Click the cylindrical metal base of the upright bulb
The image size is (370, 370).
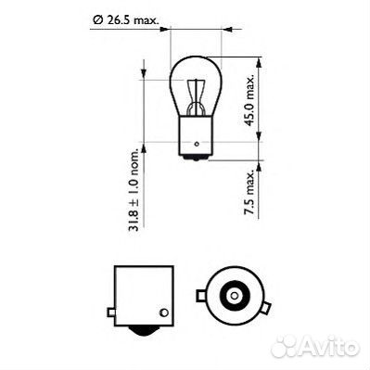click(x=198, y=132)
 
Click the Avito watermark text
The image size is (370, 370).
click(x=325, y=348)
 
